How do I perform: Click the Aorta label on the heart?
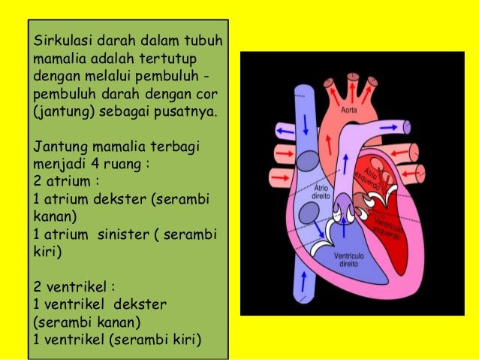[348, 110]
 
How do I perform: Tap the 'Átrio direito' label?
[321, 192]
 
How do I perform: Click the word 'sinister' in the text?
[122, 234]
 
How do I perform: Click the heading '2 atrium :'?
[67, 181]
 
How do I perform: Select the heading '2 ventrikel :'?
[74, 286]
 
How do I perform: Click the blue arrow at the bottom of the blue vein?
[303, 280]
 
